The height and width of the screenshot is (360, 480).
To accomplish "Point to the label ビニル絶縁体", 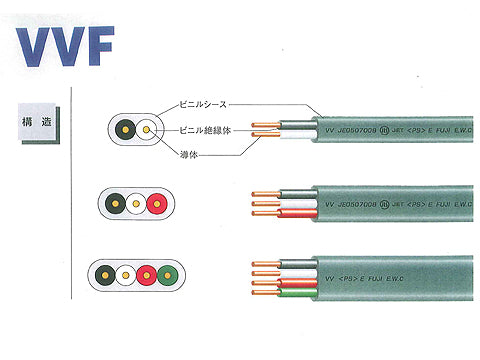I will point(206,129).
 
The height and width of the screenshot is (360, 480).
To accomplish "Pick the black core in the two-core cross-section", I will point(127,130).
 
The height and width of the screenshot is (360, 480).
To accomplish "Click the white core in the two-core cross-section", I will point(149,130).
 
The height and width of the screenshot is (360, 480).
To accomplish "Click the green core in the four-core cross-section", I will point(167,273).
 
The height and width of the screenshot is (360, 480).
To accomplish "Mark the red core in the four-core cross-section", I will point(146,273).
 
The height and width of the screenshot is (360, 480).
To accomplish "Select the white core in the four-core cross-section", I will point(125,273).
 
